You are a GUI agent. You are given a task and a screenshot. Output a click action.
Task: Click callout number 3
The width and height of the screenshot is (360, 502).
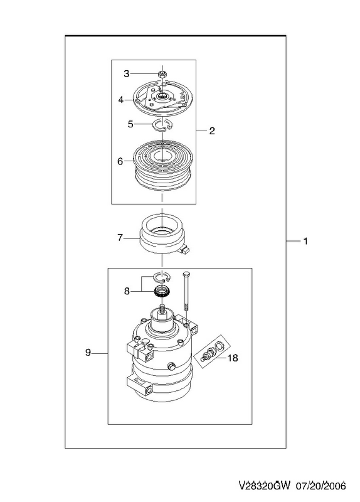click(x=127, y=74)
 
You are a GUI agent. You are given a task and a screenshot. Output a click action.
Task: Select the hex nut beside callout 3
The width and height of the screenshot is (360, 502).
click(x=162, y=75)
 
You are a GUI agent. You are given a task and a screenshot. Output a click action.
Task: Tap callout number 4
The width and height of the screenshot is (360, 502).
click(x=120, y=100)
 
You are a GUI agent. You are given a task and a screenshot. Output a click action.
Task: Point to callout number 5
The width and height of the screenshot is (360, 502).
click(x=130, y=124)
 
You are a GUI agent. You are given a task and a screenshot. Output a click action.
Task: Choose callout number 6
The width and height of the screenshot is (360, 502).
click(x=120, y=161)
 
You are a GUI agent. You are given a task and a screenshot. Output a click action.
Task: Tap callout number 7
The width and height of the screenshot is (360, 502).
click(x=120, y=238)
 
